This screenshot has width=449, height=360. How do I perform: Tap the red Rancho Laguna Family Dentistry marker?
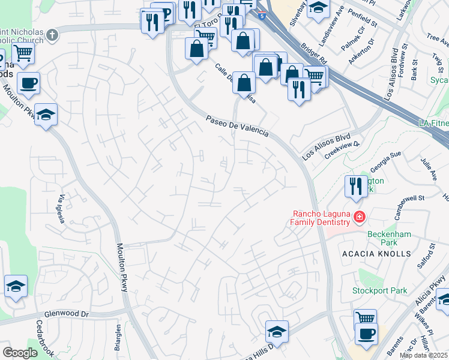tap(360, 217)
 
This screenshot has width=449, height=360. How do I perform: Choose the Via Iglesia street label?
tap(59, 208)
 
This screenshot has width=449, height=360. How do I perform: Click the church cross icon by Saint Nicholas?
tap(53, 35)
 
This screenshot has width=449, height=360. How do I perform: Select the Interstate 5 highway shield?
tap(262, 16)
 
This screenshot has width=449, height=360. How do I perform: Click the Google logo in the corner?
tap(20, 353)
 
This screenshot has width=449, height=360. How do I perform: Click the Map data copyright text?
tap(423, 355)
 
